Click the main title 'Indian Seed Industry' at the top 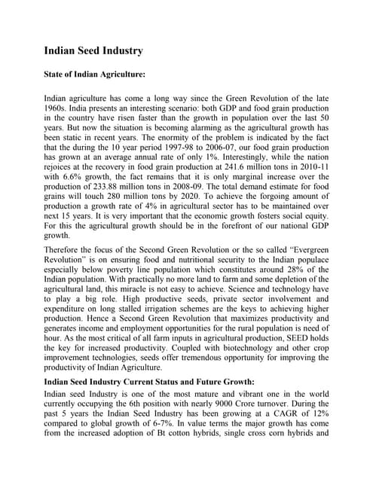pos(93,51)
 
